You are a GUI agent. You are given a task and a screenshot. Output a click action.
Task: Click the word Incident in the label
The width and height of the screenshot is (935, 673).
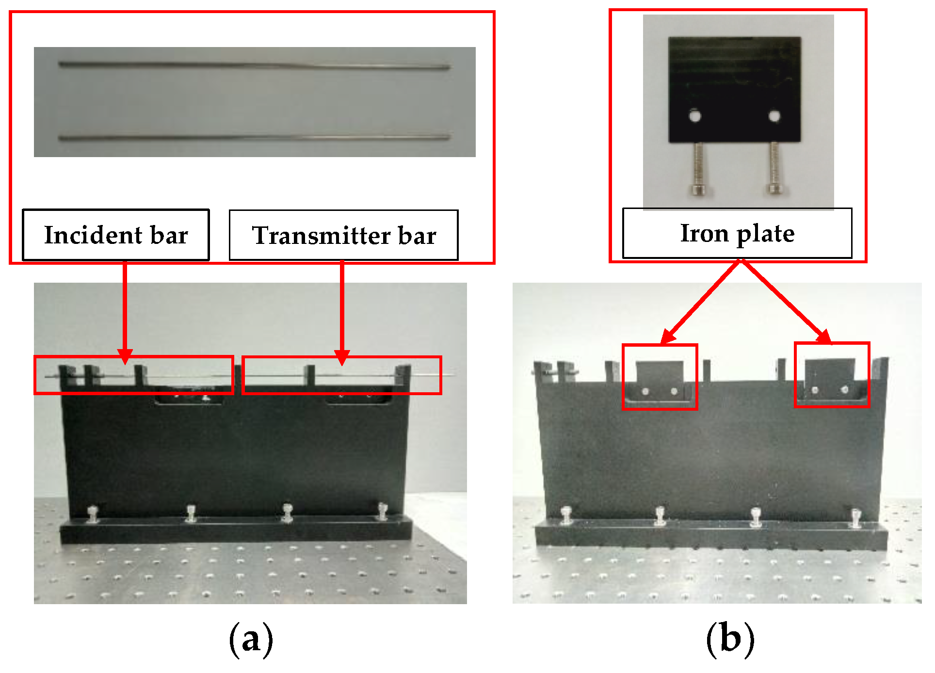pyautogui.click(x=93, y=236)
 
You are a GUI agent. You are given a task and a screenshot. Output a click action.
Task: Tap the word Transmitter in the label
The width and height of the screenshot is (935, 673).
pyautogui.click(x=321, y=236)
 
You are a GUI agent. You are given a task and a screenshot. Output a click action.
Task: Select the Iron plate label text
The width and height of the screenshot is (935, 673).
pyautogui.click(x=737, y=234)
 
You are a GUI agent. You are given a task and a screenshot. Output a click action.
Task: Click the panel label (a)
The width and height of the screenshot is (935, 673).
pyautogui.click(x=251, y=640)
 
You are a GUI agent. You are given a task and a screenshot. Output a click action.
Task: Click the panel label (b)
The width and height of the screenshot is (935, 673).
pyautogui.click(x=730, y=639)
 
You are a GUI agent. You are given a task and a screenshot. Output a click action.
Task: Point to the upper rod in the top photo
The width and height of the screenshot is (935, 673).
pyautogui.click(x=254, y=65)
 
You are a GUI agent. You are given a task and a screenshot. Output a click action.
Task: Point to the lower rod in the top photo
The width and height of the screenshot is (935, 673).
pyautogui.click(x=254, y=138)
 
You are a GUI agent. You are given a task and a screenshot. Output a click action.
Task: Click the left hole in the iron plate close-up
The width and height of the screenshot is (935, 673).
pyautogui.click(x=695, y=116)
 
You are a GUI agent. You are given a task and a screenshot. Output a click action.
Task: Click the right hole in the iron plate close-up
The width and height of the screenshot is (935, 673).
pyautogui.click(x=774, y=116)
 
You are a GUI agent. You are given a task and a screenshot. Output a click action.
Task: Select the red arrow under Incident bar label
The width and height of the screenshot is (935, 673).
pyautogui.click(x=125, y=310)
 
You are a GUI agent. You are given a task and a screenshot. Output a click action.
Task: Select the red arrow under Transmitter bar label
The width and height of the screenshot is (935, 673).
pyautogui.click(x=342, y=310)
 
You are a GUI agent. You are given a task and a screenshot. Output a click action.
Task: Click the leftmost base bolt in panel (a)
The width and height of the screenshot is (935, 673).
pyautogui.click(x=93, y=514)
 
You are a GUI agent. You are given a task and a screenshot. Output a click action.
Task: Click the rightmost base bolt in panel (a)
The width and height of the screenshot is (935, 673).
pyautogui.click(x=383, y=511)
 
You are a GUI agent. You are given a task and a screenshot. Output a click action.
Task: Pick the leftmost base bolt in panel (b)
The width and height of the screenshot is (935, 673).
pyautogui.click(x=566, y=515)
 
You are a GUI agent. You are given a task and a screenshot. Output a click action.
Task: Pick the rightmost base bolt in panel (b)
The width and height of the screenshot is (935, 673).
pyautogui.click(x=855, y=517)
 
